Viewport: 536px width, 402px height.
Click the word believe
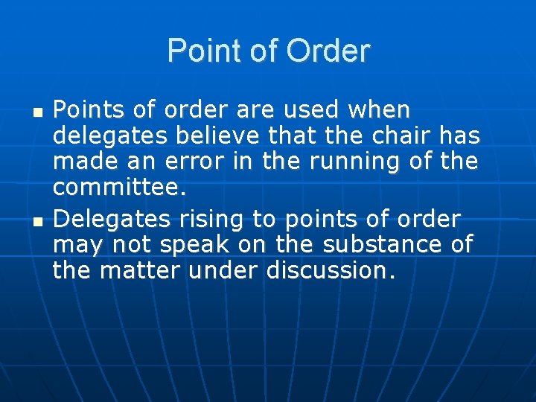pos(216,137)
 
